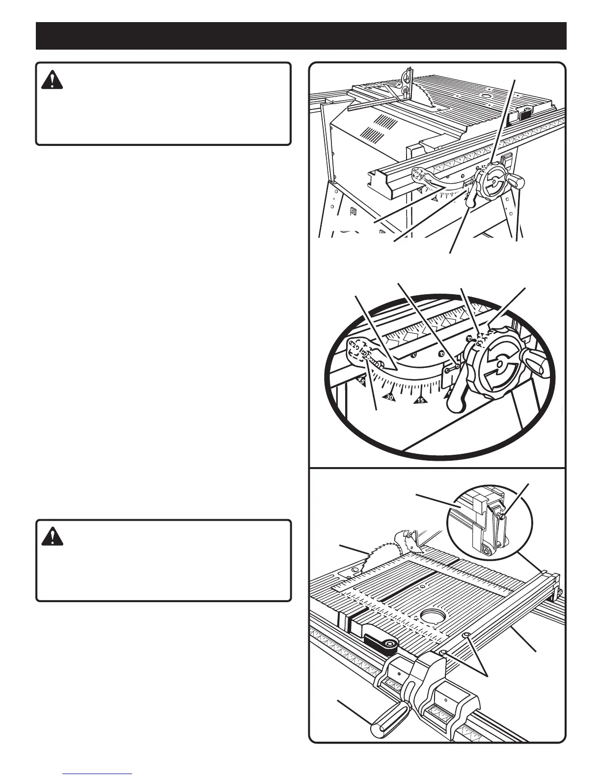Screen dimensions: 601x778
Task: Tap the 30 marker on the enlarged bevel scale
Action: (x=390, y=396)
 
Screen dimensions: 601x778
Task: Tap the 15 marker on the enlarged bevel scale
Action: (x=420, y=400)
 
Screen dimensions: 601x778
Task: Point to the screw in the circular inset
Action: (x=502, y=515)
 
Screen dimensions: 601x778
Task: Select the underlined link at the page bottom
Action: (x=98, y=774)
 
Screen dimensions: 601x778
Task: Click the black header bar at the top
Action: (x=300, y=35)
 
